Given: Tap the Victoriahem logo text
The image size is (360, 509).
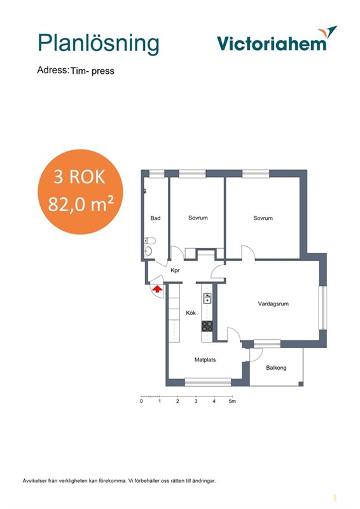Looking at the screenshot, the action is point(272,43).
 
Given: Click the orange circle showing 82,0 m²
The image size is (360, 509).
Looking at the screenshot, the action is point(81,192).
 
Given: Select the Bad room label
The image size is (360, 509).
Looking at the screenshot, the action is point(155,218).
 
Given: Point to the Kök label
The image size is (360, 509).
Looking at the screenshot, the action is point(191,313).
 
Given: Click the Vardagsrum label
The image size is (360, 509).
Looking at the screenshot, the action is point(273,304).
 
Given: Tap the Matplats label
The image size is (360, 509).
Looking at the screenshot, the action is point(205,359).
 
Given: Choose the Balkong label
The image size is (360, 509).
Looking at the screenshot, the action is point(276,368).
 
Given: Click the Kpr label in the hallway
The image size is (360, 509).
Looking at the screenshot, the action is point(175,270).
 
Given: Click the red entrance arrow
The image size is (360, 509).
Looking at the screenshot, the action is point(157,289).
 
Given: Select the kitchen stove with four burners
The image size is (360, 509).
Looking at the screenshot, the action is point(207,326).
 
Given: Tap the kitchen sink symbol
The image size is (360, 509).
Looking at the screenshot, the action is point(207,298).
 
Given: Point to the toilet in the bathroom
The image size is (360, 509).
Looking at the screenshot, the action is point(149,241).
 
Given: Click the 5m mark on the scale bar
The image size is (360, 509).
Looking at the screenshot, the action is point(232,401).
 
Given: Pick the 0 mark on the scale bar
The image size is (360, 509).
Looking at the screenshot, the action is point(141,401).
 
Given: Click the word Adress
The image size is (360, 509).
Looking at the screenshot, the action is point(53,70).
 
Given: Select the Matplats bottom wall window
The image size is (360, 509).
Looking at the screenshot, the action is point(208,382).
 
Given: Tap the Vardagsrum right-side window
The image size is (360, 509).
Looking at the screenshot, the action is point(322,308).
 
